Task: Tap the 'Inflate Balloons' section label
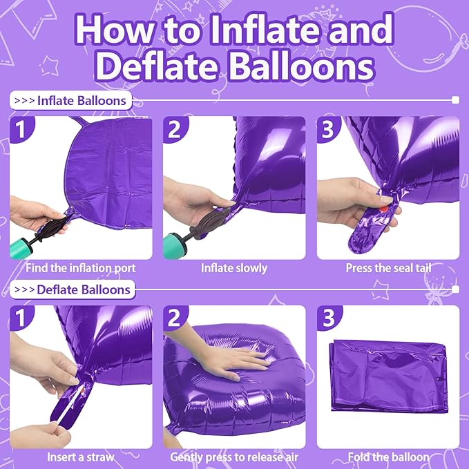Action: (71, 101)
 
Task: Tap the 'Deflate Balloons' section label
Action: (73, 289)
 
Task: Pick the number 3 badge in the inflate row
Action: (328, 129)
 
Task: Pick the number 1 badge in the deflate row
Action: (21, 318)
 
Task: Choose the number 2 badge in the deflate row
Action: (174, 318)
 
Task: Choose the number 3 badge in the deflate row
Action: (328, 318)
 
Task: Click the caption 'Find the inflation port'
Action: (81, 268)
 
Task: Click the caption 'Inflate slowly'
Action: (234, 268)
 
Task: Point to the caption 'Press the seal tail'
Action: (389, 268)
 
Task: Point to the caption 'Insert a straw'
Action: (81, 457)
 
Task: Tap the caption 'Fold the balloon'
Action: (389, 457)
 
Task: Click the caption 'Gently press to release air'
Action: (234, 457)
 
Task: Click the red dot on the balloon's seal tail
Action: (384, 209)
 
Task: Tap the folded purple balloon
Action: (389, 376)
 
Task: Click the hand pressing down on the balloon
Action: (227, 356)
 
